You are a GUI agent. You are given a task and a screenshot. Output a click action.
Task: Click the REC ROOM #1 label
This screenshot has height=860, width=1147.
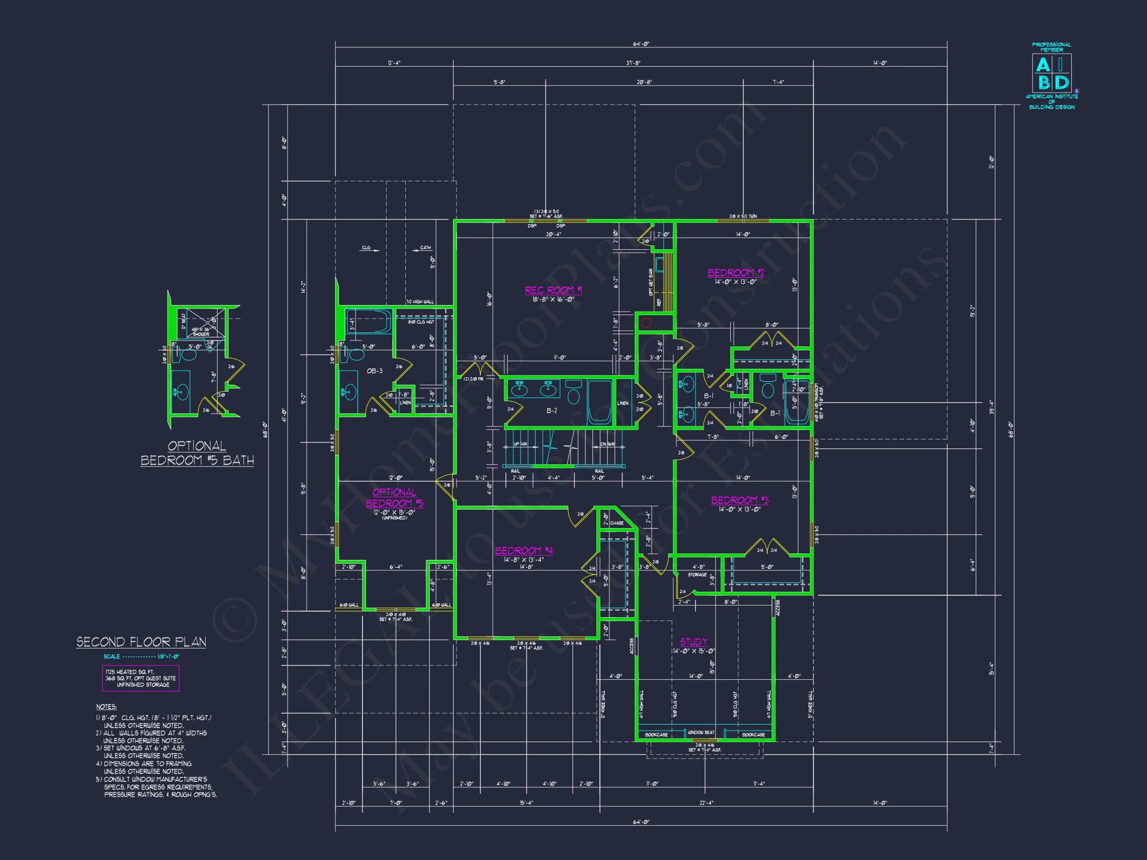click(x=553, y=290)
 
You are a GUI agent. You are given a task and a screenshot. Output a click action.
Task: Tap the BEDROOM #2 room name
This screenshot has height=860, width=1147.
click(x=736, y=273)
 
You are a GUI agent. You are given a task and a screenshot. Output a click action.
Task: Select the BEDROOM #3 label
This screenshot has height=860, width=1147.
click(x=739, y=500)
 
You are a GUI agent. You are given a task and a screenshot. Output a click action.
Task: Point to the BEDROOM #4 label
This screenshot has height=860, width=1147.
click(x=524, y=550)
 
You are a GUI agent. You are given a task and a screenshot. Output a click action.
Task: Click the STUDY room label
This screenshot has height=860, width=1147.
click(x=694, y=642)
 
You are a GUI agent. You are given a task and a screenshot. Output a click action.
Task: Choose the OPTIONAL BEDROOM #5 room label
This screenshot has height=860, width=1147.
click(x=395, y=498)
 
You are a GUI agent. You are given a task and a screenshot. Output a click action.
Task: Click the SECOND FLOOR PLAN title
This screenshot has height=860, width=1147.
click(x=141, y=642)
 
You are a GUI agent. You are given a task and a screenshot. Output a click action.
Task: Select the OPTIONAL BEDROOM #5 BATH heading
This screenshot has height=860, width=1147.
click(x=197, y=453)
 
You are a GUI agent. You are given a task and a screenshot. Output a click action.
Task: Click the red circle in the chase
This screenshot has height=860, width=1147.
click(x=646, y=323)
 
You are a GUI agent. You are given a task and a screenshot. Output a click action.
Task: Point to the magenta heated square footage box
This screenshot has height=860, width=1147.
click(x=140, y=678)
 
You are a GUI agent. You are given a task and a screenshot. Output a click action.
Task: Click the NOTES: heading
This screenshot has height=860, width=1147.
click(x=107, y=707)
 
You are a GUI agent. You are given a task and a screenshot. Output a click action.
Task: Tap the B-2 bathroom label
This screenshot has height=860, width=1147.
click(x=551, y=411)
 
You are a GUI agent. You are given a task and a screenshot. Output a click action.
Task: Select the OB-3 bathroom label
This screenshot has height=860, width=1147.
click(x=374, y=371)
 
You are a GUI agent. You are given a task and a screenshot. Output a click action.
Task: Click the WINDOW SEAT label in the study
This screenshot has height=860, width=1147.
click(x=700, y=733)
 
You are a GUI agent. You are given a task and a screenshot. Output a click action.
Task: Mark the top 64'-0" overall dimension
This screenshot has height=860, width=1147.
click(x=641, y=44)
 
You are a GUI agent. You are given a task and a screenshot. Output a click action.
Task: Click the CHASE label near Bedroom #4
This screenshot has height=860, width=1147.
click(x=616, y=523)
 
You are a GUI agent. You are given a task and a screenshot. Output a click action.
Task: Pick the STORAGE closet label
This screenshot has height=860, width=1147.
click(x=697, y=574)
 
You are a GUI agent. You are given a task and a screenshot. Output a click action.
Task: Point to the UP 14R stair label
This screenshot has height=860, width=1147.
click(x=520, y=444)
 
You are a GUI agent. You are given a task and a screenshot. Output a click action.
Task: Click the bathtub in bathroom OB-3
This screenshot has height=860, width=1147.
click(x=369, y=322)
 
